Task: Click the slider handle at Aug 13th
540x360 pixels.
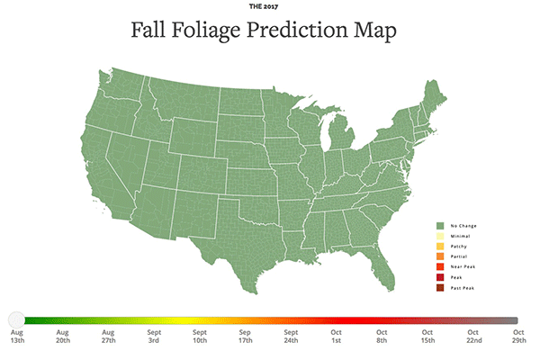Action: (16, 319)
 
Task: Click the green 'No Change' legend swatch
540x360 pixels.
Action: (438, 225)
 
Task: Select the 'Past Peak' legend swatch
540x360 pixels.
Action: (438, 287)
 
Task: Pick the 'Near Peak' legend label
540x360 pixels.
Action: (463, 266)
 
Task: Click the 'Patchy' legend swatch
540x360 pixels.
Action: (438, 246)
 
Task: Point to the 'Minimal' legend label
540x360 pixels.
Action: (459, 236)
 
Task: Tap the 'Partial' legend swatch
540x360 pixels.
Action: (438, 256)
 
